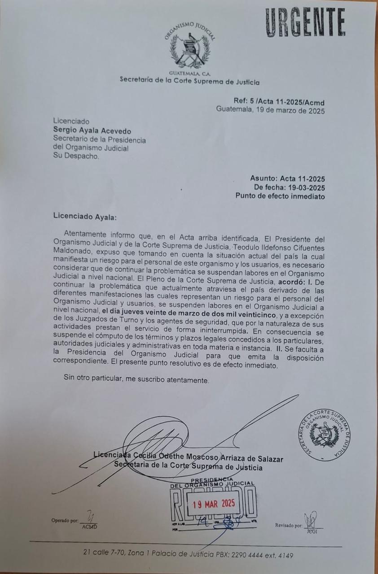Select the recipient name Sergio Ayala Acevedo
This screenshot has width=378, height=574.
click(92, 131)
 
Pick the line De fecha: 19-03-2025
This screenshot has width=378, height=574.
click(289, 187)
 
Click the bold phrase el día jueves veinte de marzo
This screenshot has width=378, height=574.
click(189, 316)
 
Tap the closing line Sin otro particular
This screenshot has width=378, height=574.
click(136, 380)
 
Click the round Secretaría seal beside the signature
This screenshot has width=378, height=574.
click(324, 435)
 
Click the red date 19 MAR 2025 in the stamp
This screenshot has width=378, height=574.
click(214, 504)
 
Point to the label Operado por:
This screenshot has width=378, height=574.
click(64, 520)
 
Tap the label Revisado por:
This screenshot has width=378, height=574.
click(289, 525)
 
